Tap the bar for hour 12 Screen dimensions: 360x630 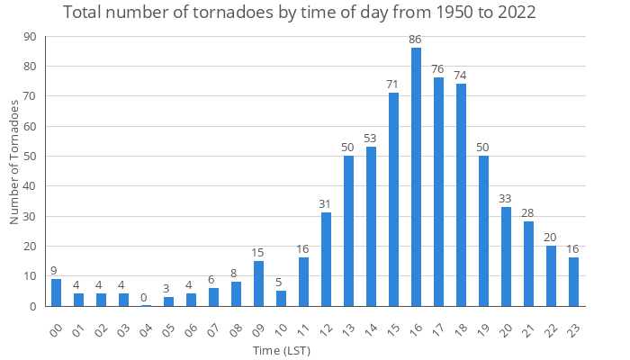(x=326, y=259)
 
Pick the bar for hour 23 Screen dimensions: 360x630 (x=573, y=283)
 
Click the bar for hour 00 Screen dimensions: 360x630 (x=56, y=292)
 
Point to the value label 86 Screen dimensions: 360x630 (x=416, y=40)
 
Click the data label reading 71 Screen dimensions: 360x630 (x=393, y=85)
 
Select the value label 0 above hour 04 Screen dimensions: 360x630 (x=144, y=298)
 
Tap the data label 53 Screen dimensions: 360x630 (x=371, y=139)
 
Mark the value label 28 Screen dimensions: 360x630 (x=528, y=213)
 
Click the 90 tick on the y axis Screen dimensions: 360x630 (x=31, y=36)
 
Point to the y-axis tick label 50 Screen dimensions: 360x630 (x=31, y=157)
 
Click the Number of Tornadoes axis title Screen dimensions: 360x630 (x=14, y=163)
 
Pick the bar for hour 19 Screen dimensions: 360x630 (x=483, y=231)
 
